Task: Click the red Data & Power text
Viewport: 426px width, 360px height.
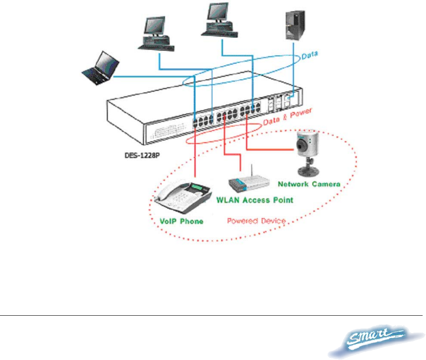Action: [x=287, y=117]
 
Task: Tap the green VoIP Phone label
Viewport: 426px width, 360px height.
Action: [x=182, y=221]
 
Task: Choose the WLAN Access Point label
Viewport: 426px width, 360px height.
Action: [x=255, y=200]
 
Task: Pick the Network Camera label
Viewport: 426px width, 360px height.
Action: [x=309, y=184]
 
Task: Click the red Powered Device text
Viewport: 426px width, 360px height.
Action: [x=257, y=221]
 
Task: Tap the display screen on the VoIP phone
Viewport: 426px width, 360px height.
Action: [x=196, y=187]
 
